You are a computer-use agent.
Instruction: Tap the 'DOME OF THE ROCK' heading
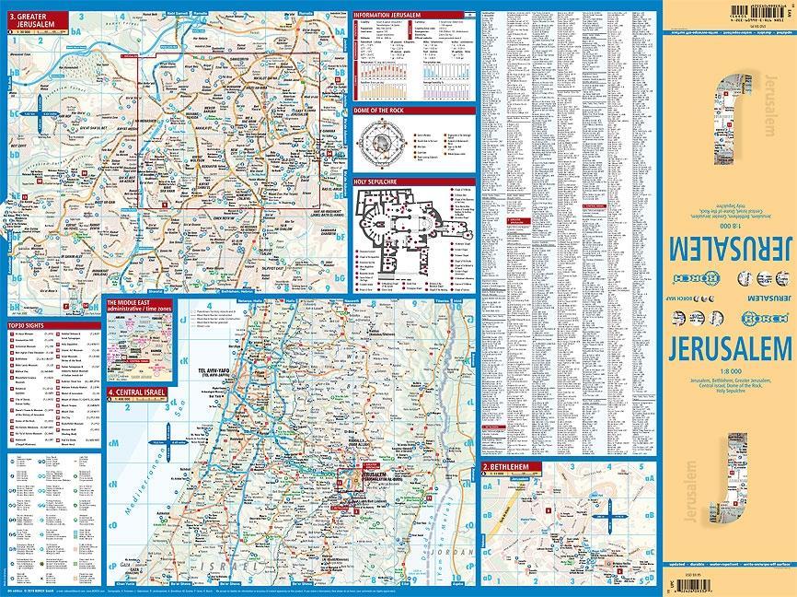coord(381,109)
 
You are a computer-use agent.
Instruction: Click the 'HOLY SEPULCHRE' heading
coord(376,182)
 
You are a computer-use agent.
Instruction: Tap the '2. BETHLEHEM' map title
coord(507,468)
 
